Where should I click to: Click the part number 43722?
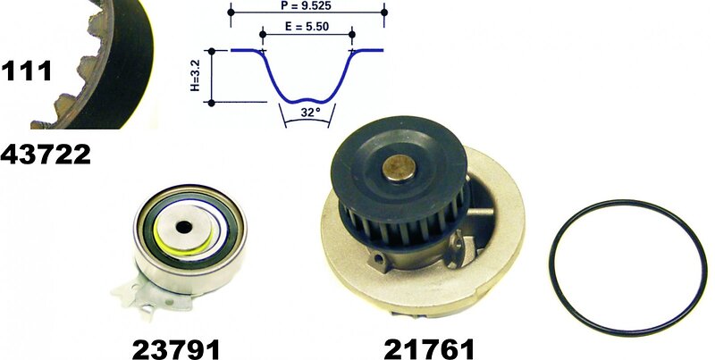coord(46,155)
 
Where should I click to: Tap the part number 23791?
coord(176,349)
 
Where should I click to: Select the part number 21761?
coord(429,349)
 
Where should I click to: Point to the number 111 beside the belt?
coord(26,71)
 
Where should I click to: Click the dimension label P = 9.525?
coord(306,6)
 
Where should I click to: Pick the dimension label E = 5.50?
coord(307,27)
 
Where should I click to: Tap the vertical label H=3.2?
coord(195,77)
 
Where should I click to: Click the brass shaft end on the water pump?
coord(400,167)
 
